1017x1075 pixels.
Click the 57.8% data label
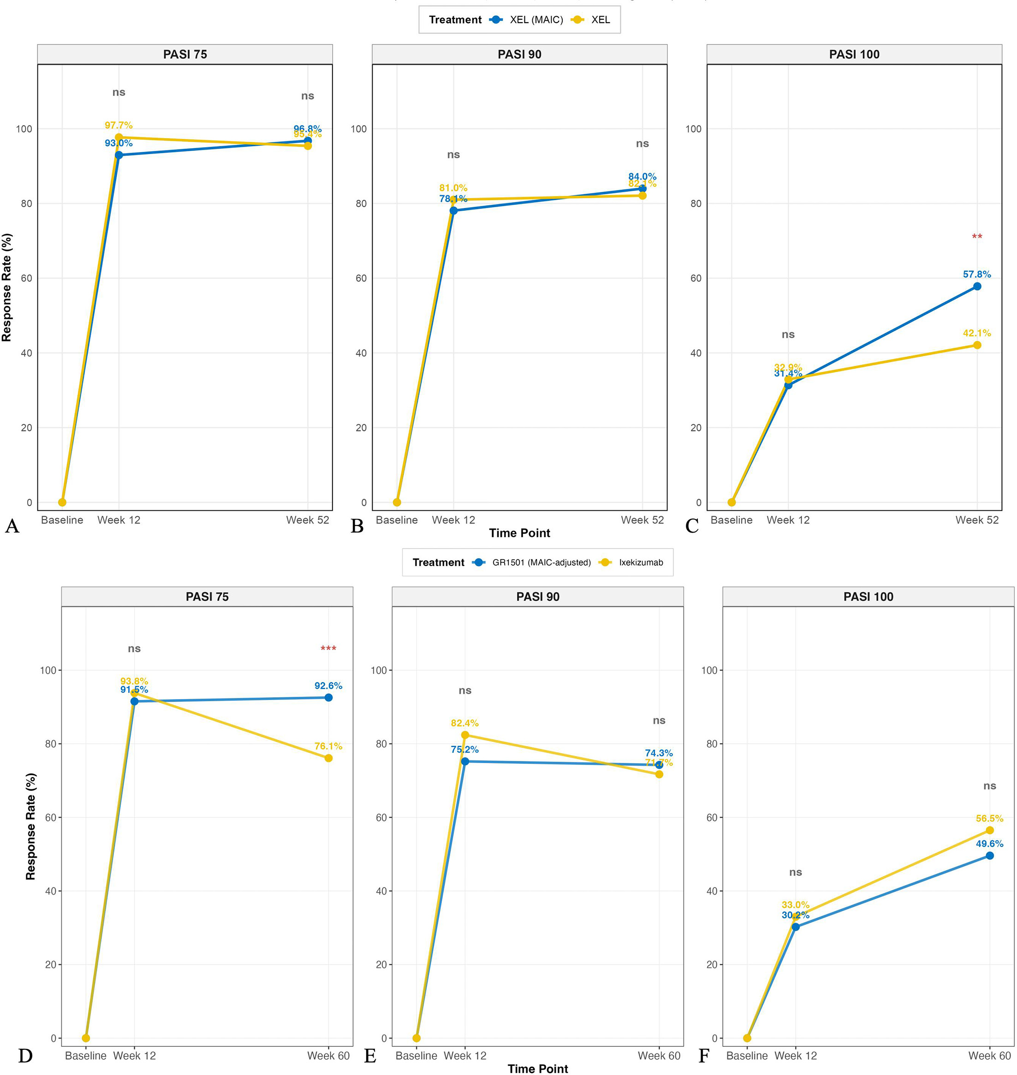coord(976,275)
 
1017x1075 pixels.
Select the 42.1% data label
coord(976,333)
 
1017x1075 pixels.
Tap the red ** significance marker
coord(976,237)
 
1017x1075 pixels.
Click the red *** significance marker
coord(328,649)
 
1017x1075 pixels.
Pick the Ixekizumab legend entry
coord(641,562)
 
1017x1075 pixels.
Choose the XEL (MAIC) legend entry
coord(535,20)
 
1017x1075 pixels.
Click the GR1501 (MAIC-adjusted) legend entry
coord(541,562)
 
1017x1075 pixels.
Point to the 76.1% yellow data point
coord(328,758)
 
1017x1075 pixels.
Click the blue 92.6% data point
coord(328,698)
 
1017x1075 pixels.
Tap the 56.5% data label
coord(989,818)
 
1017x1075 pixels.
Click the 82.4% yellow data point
coord(465,735)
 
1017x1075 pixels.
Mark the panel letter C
coord(692,526)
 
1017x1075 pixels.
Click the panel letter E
coord(370,1056)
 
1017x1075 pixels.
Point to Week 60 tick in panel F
coord(989,1056)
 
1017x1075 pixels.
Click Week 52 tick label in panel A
coord(307,520)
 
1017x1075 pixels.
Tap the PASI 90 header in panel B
coord(519,54)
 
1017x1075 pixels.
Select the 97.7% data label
coord(119,126)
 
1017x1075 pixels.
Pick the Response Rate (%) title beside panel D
coord(30,826)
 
